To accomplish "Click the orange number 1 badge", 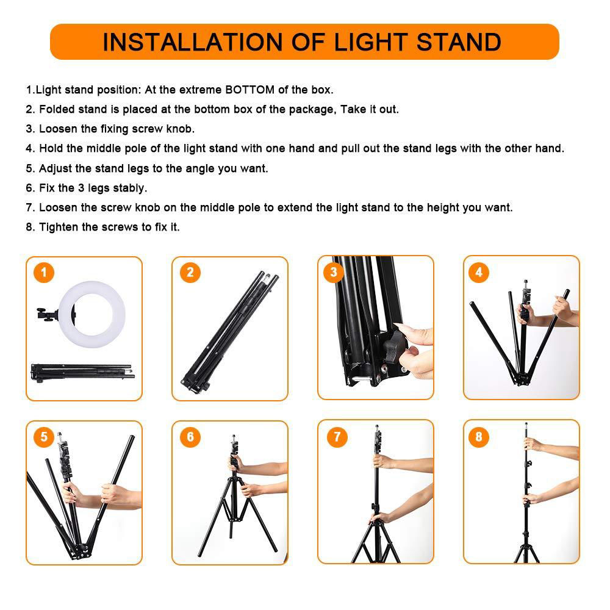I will coord(44,272).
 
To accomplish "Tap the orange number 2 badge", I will coord(190,272).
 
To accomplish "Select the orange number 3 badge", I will coord(334,272).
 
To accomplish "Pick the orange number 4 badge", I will coord(479,272).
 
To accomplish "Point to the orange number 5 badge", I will coord(44,437).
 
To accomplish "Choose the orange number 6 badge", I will coord(190,437).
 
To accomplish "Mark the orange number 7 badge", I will coord(335,437).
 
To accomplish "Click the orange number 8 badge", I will coord(479,437).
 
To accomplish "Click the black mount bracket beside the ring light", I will coord(47,315).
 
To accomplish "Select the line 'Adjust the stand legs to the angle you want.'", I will coord(147,168).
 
